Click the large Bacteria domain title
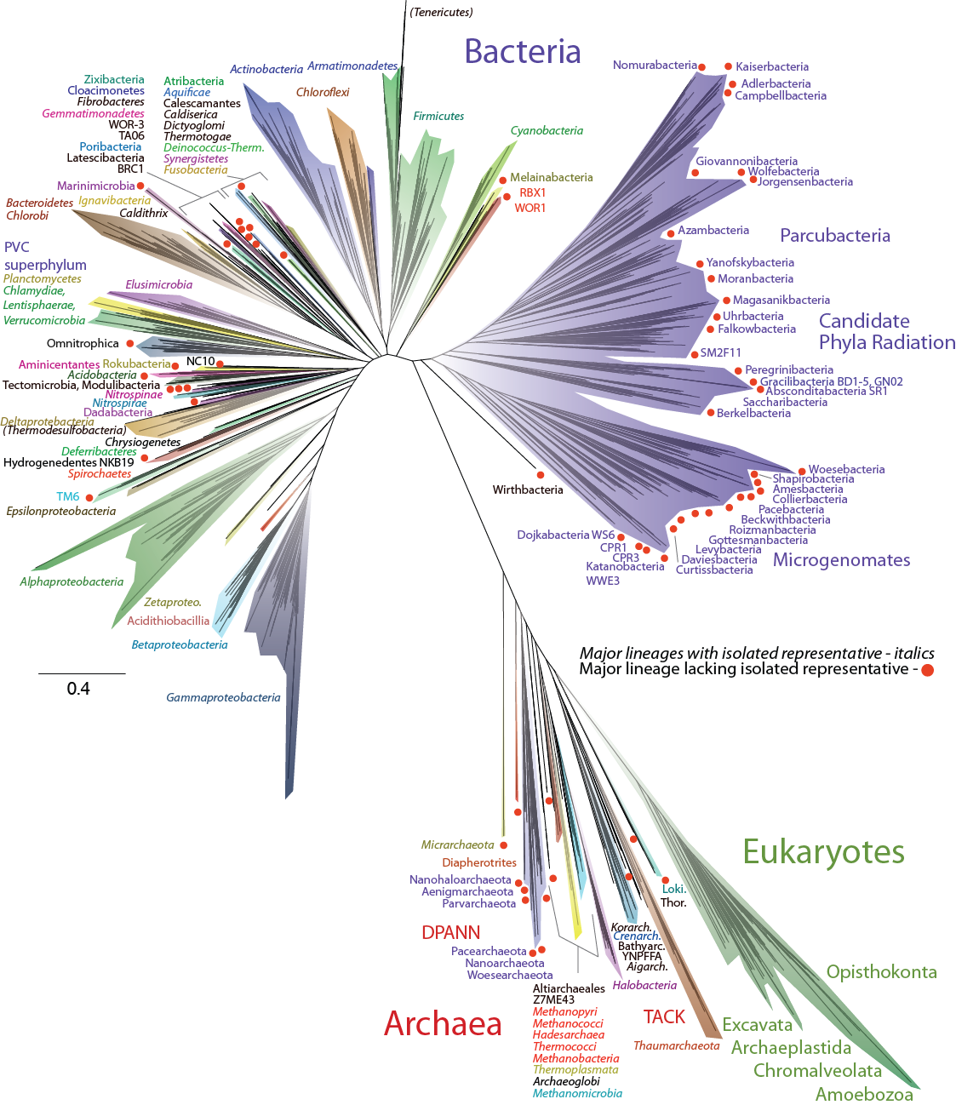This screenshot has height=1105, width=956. click(523, 51)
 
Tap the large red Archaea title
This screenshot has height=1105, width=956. click(443, 1023)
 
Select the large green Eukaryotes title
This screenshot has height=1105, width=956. click(823, 851)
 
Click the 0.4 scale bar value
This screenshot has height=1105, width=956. click(78, 689)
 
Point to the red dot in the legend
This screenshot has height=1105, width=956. click(927, 670)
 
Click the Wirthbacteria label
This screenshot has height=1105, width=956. click(527, 490)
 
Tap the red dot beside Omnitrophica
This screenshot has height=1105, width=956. click(130, 343)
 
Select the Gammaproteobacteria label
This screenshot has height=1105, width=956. click(223, 697)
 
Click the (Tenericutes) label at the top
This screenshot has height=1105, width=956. click(441, 12)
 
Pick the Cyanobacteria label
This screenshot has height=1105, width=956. click(547, 130)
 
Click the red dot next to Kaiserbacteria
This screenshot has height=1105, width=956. click(728, 66)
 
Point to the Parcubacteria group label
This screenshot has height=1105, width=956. click(834, 235)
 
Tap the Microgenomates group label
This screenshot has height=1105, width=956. click(841, 559)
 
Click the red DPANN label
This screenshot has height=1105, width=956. click(450, 932)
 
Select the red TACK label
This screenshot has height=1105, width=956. click(664, 1016)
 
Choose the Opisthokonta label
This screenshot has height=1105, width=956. click(882, 971)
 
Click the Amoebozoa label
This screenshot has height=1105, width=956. click(864, 1094)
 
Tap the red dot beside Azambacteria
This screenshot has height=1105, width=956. click(671, 233)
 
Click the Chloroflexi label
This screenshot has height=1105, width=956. click(323, 92)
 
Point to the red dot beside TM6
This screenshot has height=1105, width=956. click(89, 498)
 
